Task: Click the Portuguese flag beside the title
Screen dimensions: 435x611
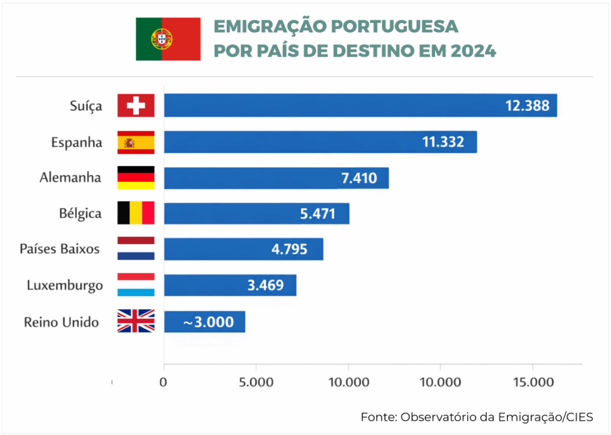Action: [x=168, y=39]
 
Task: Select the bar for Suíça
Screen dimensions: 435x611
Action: [x=360, y=106]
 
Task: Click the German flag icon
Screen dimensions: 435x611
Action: [x=136, y=178]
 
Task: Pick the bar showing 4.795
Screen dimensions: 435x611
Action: [x=243, y=249]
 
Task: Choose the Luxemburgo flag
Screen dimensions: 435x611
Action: [x=136, y=285]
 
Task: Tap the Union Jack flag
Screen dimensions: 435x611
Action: [x=136, y=321]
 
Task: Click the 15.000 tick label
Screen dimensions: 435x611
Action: [x=532, y=382]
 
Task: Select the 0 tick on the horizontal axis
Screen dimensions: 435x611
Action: [x=163, y=382]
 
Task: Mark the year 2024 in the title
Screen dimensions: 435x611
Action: [x=472, y=51]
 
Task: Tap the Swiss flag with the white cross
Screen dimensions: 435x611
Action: [x=136, y=106]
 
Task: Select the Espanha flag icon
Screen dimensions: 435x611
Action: [x=136, y=142]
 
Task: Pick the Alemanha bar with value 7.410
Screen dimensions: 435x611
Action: [x=276, y=178]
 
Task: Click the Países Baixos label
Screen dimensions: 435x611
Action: [x=60, y=249]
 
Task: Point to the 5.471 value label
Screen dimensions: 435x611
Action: [x=317, y=213]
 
